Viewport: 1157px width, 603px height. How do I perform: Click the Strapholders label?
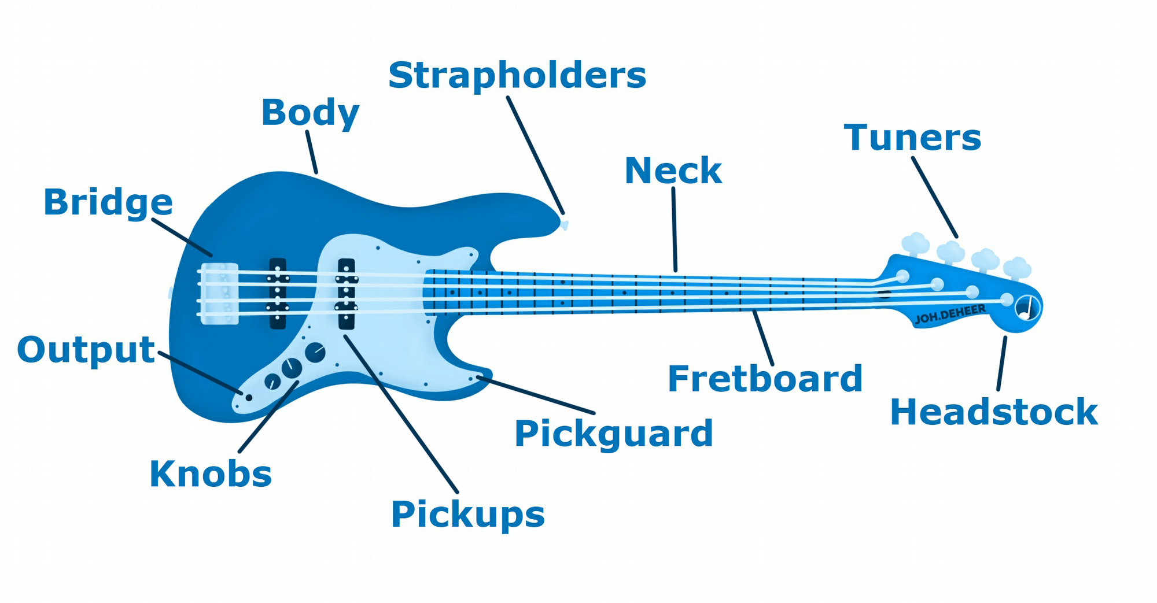coord(517,76)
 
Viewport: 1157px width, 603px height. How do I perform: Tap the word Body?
coord(310,112)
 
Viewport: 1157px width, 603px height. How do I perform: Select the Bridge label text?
coord(108,202)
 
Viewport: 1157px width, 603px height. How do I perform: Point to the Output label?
coord(86,350)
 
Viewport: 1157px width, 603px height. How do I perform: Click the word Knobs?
coord(211,475)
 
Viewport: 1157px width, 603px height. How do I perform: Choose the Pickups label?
coord(467,515)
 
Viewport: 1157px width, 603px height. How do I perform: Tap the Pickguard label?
coord(613,434)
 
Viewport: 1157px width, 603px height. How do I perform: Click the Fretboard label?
coord(765,379)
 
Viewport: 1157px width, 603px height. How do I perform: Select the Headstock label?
coord(993,413)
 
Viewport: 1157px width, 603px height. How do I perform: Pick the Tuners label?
coord(912,138)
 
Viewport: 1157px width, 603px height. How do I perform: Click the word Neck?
coord(673,171)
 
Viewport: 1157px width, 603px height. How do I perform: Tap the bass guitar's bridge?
coord(219,293)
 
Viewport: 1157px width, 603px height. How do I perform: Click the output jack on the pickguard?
coord(249,397)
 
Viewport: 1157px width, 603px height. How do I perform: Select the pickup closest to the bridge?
coord(278,293)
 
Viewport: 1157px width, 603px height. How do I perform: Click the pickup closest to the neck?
coord(346,293)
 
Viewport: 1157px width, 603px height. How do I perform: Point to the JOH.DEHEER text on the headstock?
coord(950,315)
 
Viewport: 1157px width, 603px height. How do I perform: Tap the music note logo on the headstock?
coord(1027,308)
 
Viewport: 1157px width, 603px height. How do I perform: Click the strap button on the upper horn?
coord(563,224)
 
